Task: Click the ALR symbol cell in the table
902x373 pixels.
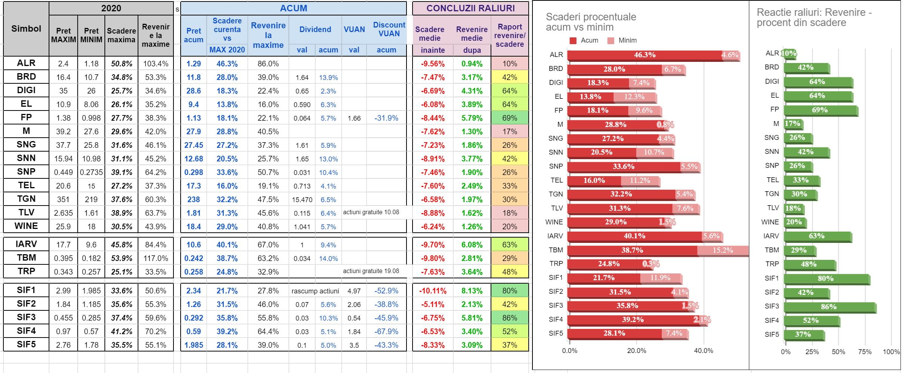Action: pyautogui.click(x=26, y=63)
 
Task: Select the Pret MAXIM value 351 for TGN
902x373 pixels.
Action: pyautogui.click(x=63, y=200)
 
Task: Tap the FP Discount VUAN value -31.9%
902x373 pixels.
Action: pyautogui.click(x=386, y=118)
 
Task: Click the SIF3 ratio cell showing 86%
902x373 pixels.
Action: pyautogui.click(x=509, y=318)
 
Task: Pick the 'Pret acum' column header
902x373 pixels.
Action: pyautogui.click(x=193, y=35)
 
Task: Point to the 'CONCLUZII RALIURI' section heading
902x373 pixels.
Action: pyautogui.click(x=470, y=8)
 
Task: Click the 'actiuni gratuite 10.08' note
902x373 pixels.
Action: pyautogui.click(x=371, y=212)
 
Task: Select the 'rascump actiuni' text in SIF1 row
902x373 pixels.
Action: pyautogui.click(x=315, y=291)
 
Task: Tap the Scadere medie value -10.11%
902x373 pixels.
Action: pyautogui.click(x=433, y=291)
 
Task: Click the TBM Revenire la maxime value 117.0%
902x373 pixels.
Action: pyautogui.click(x=155, y=258)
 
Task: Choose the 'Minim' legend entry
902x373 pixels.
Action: pyautogui.click(x=623, y=40)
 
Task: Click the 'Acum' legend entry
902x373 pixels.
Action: pyautogui.click(x=584, y=40)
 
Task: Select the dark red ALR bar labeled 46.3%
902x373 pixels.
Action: pyautogui.click(x=644, y=55)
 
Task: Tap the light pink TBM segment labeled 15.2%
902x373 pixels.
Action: pyautogui.click(x=722, y=250)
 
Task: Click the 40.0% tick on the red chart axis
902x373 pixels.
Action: pyautogui.click(x=703, y=351)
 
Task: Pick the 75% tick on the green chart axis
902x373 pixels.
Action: pyautogui.click(x=865, y=352)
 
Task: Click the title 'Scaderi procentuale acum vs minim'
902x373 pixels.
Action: pyautogui.click(x=591, y=22)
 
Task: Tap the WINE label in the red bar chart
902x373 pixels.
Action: pyautogui.click(x=554, y=222)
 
